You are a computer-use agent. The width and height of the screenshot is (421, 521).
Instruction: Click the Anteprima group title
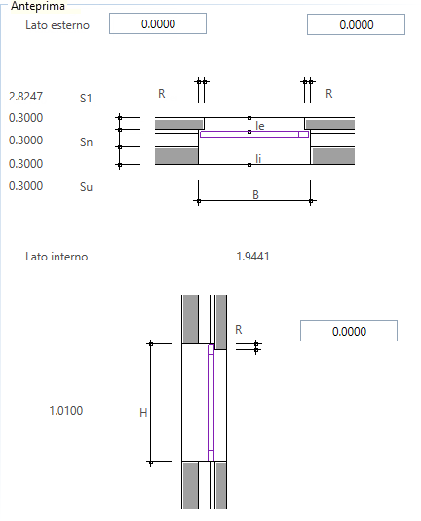pos(37,6)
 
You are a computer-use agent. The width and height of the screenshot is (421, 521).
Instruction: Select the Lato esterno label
pos(57,25)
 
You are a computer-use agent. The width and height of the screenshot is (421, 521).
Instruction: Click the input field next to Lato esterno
pos(158,23)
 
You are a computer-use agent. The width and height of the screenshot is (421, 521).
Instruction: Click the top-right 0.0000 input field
pos(356,24)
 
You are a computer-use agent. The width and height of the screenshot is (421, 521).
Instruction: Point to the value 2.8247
pos(26,97)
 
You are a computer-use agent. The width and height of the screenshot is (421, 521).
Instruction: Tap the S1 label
pos(86,99)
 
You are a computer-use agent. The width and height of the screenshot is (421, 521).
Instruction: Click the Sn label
pos(86,142)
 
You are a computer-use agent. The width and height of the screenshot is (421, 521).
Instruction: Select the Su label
pos(86,187)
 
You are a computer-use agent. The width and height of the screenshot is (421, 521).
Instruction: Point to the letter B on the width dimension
pos(255,195)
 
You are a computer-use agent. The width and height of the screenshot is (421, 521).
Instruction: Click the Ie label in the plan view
pos(260,126)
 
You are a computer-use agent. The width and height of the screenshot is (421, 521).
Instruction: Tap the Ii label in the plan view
pos(258,158)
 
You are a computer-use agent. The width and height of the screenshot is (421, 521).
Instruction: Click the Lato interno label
pos(57,257)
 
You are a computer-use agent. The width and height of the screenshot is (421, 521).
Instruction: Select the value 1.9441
pos(252,257)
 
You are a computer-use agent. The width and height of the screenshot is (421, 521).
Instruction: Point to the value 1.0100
pos(66,411)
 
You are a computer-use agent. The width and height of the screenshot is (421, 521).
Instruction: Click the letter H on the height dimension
pos(143,413)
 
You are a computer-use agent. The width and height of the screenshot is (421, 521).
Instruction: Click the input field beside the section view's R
pos(349,331)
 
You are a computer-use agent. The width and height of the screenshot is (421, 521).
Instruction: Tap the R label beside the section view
pos(239,330)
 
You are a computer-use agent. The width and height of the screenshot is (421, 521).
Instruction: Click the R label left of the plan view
pos(162,94)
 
